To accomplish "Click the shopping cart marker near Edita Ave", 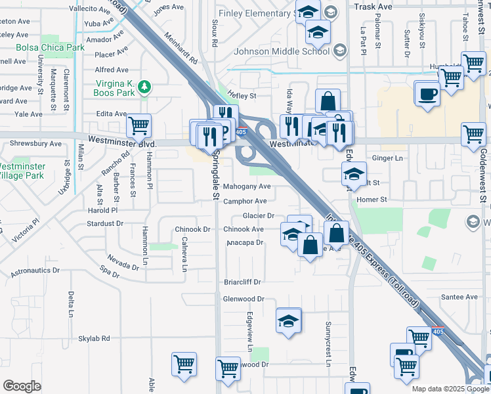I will (139, 125).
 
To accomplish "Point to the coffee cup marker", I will (428, 93).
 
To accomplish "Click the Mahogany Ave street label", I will (246, 186).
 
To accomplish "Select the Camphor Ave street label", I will (245, 201).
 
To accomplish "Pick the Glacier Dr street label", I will (258, 215).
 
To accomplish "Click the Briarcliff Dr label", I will (243, 282).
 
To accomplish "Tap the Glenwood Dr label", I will (244, 298).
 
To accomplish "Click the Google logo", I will (22, 386).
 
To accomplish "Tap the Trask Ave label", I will (372, 7).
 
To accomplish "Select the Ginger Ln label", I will (387, 158).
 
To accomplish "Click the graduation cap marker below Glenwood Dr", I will (288, 321).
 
